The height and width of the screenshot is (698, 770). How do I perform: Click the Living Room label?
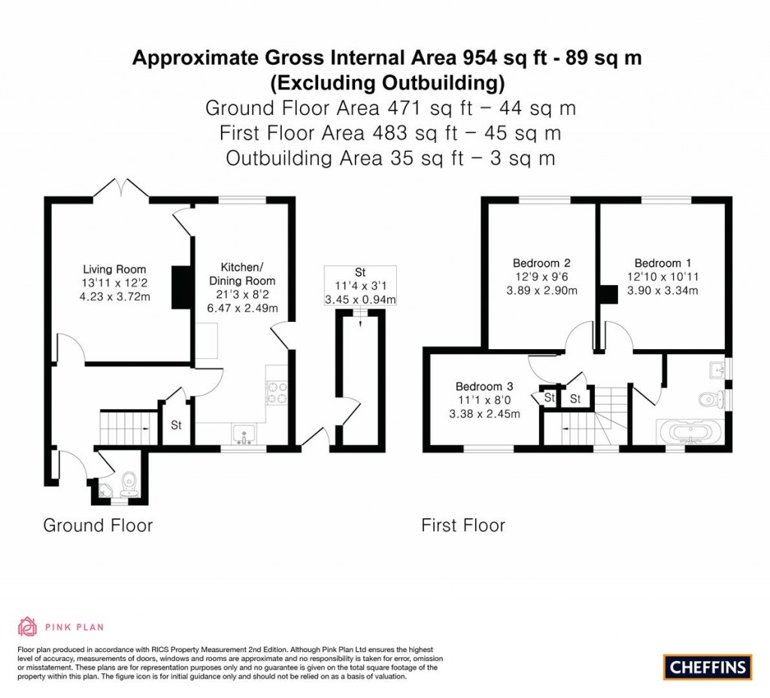(x=114, y=269)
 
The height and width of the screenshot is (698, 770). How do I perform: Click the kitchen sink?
(x=244, y=434)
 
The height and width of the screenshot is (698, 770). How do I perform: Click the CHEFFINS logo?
(x=707, y=666)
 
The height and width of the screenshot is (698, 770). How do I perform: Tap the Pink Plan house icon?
(x=27, y=627)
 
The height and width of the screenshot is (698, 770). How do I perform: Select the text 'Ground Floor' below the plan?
(x=98, y=525)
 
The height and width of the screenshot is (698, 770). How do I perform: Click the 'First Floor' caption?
(x=463, y=525)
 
